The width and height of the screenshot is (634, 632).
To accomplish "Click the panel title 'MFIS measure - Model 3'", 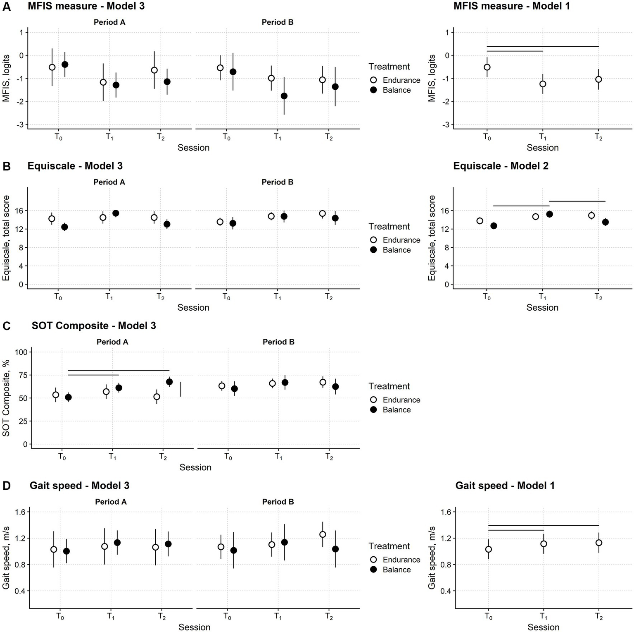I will tap(86, 6).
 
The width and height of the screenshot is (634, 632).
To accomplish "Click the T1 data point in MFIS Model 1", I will tap(543, 84).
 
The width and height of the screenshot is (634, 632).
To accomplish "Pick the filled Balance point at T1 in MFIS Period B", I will tap(284, 96).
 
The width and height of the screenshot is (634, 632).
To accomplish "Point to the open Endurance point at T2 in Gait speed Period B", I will tap(323, 534).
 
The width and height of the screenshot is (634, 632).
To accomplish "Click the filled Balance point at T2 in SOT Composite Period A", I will tap(169, 382).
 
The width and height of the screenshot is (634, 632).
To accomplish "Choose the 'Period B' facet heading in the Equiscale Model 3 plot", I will tap(278, 182).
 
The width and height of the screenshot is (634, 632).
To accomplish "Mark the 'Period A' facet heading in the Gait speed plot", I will tap(111, 502).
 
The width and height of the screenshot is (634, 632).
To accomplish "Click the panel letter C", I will tap(7, 326).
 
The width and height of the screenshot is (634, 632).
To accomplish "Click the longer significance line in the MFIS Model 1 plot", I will tap(543, 46).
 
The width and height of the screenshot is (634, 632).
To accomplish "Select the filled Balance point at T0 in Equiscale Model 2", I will tap(494, 226).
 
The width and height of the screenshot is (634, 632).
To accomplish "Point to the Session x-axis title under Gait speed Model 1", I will tap(543, 627).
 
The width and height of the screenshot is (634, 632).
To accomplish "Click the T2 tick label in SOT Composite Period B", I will tap(329, 457).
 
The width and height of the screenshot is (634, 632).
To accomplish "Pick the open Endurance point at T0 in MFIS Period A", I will tap(52, 67).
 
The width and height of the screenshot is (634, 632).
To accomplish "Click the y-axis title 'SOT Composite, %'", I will tap(6, 398).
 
